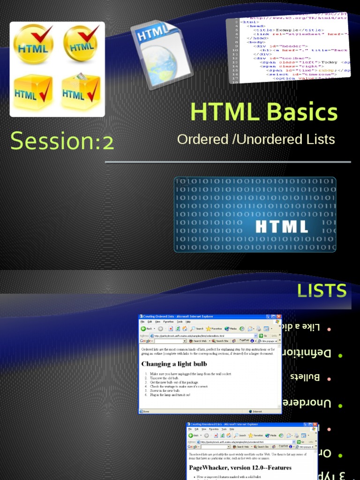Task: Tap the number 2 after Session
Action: pos(108,142)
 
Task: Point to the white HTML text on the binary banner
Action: pos(281,226)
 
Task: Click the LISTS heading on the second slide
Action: pos(322,291)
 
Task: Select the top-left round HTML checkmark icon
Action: pos(33,44)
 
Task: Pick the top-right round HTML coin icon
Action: pos(81,43)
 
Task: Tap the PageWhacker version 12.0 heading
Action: pos(240,467)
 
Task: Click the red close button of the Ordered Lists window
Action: pos(278,317)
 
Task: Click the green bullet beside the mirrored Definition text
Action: pos(340,356)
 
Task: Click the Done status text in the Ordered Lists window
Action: pos(146,412)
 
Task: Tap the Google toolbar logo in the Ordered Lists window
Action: pos(147,341)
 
